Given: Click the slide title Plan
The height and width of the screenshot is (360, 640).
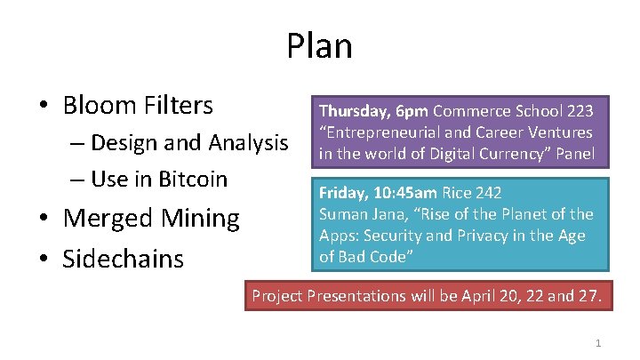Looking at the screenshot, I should pyautogui.click(x=319, y=46).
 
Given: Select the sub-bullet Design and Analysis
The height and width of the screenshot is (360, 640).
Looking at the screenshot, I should pyautogui.click(x=189, y=142).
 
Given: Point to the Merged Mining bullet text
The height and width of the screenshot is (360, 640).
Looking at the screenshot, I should pyautogui.click(x=151, y=218).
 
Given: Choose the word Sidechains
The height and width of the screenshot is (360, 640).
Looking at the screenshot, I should pyautogui.click(x=124, y=259).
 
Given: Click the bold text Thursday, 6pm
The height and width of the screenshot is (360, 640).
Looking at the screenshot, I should pyautogui.click(x=374, y=111).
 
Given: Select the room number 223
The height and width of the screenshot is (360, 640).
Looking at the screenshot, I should pyautogui.click(x=579, y=111).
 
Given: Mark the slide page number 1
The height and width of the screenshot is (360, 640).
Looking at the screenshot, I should pyautogui.click(x=598, y=342).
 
